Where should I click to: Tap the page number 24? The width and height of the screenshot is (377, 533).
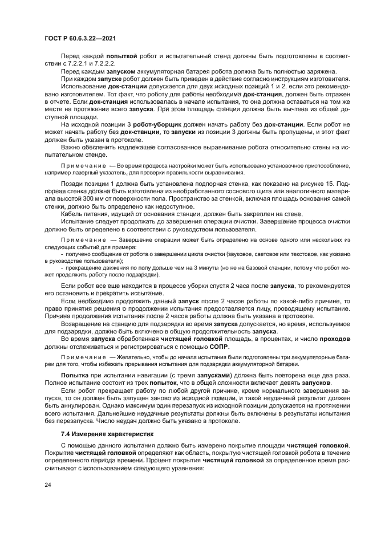pos(47,485)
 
